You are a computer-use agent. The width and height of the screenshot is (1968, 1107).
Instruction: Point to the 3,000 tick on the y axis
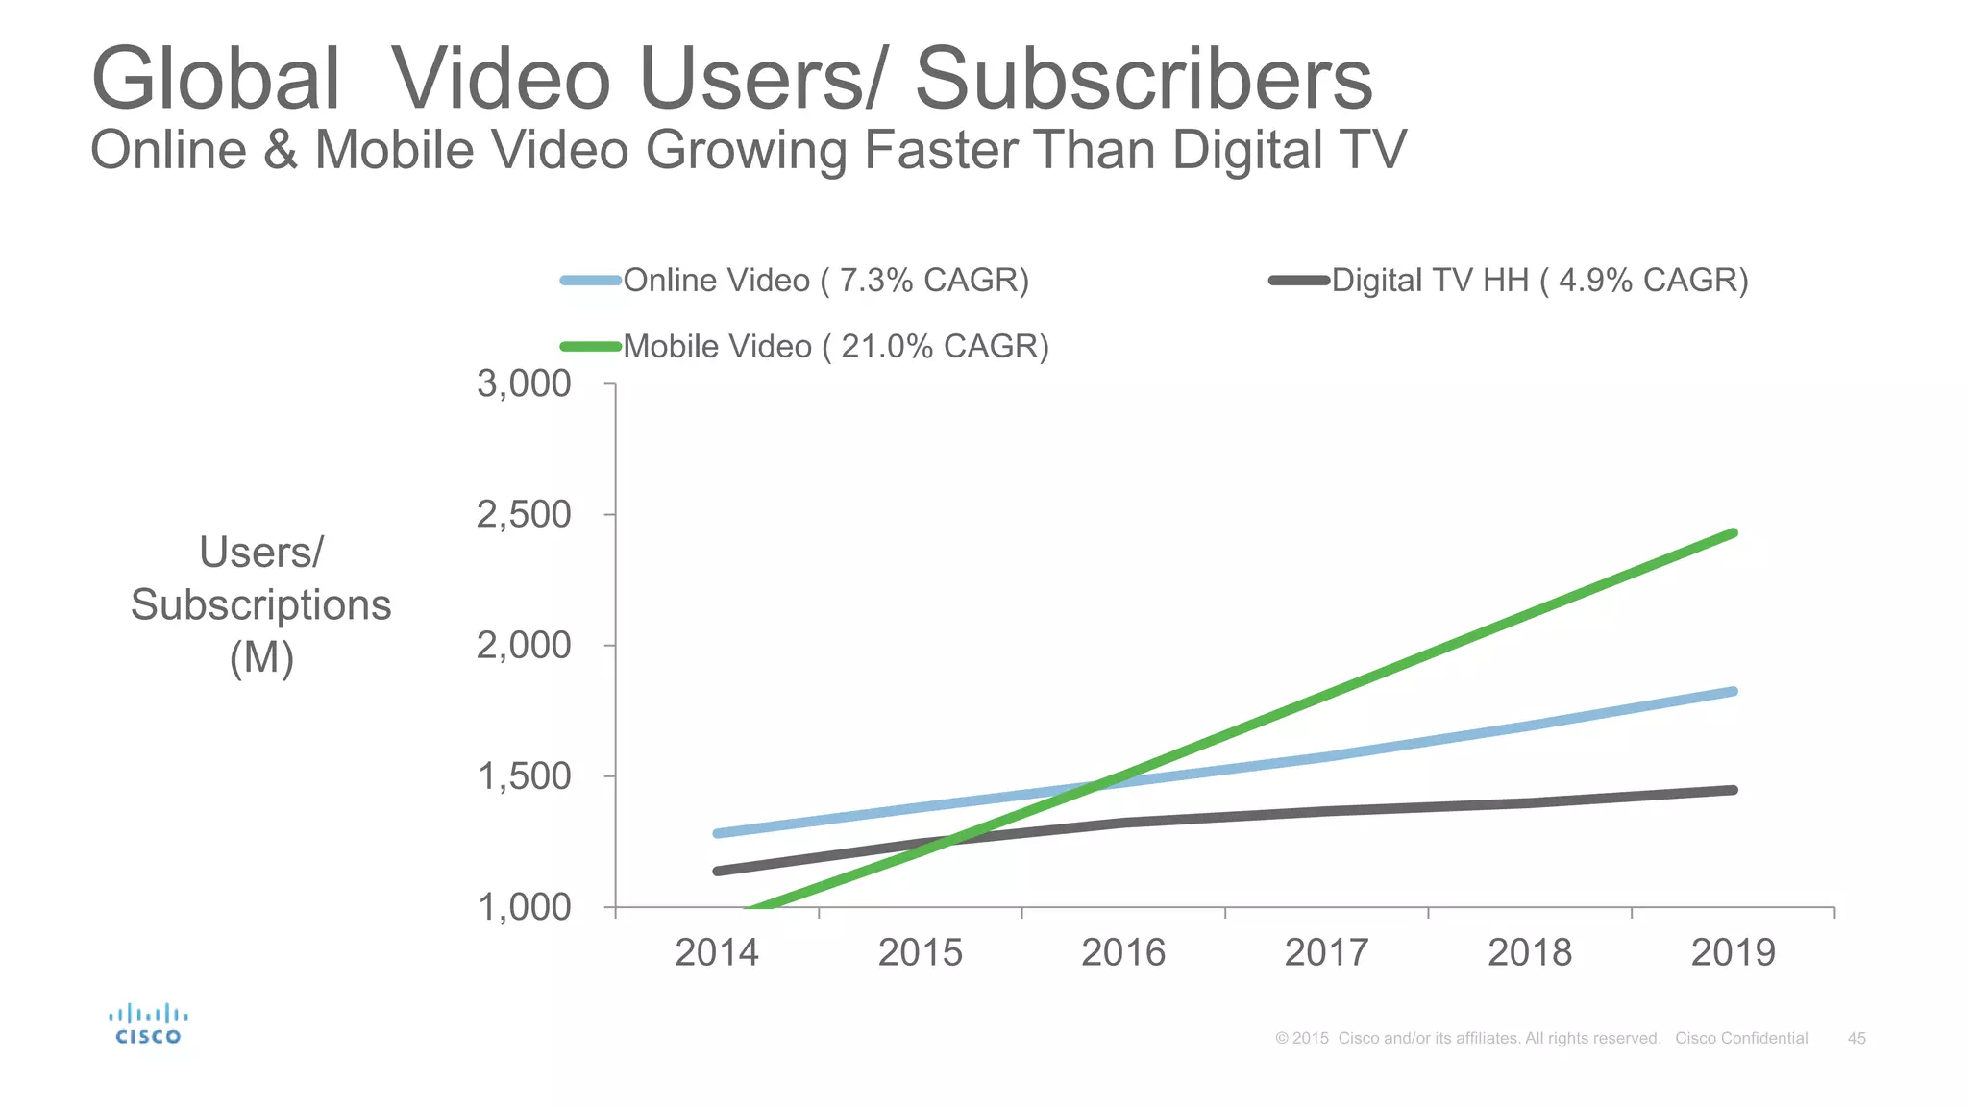[525, 384]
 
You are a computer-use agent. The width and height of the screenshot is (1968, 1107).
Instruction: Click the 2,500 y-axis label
[525, 515]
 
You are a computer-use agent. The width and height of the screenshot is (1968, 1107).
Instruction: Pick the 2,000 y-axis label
[525, 646]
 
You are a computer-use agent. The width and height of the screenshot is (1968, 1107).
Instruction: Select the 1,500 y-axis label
[525, 776]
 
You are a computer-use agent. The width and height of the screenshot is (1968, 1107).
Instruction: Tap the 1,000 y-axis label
[525, 907]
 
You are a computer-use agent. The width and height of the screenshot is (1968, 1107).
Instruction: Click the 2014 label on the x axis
[717, 953]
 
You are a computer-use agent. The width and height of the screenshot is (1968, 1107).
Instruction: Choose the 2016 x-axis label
[1123, 953]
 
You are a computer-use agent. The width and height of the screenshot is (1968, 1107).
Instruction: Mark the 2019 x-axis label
[1733, 953]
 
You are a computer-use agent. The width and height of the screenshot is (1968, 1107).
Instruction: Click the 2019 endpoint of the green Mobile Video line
[1733, 533]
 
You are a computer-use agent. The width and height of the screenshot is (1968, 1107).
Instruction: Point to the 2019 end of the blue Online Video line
[1733, 692]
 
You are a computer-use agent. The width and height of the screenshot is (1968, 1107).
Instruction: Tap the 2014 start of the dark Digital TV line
[718, 871]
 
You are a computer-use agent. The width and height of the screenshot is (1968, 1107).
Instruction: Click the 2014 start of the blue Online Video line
[718, 833]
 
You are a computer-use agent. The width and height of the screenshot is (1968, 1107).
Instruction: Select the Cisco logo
[148, 1024]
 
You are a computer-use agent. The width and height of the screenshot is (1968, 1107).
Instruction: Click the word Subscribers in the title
[1144, 79]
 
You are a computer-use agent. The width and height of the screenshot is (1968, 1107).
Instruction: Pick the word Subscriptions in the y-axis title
[261, 605]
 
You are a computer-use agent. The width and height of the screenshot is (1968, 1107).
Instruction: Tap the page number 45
[1857, 1039]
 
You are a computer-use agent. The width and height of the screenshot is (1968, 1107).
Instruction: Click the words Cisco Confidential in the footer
[1741, 1039]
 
